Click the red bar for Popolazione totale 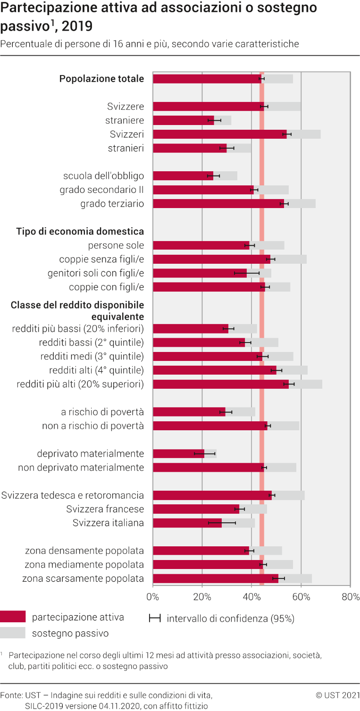pyautogui.click(x=207, y=79)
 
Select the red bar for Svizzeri pyautogui.click(x=220, y=134)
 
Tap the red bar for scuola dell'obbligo pyautogui.click(x=183, y=176)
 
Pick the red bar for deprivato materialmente pyautogui.click(x=179, y=453)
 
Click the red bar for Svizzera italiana pyautogui.click(x=187, y=523)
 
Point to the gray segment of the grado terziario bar pyautogui.click(x=300, y=204)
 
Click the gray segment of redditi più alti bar pyautogui.click(x=305, y=384)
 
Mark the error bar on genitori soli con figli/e pyautogui.click(x=247, y=273)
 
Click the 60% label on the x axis pyautogui.click(x=301, y=597)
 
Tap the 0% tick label pyautogui.click(x=153, y=597)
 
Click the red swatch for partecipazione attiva pyautogui.click(x=13, y=617)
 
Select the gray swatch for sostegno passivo pyautogui.click(x=13, y=633)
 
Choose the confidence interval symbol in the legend pyautogui.click(x=155, y=619)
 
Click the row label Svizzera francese pyautogui.click(x=105, y=509)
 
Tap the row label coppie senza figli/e pyautogui.click(x=101, y=259)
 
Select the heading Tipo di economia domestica pyautogui.click(x=80, y=231)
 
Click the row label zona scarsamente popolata pyautogui.click(x=83, y=578)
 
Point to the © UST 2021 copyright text pyautogui.click(x=338, y=695)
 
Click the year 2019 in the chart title pyautogui.click(x=77, y=26)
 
